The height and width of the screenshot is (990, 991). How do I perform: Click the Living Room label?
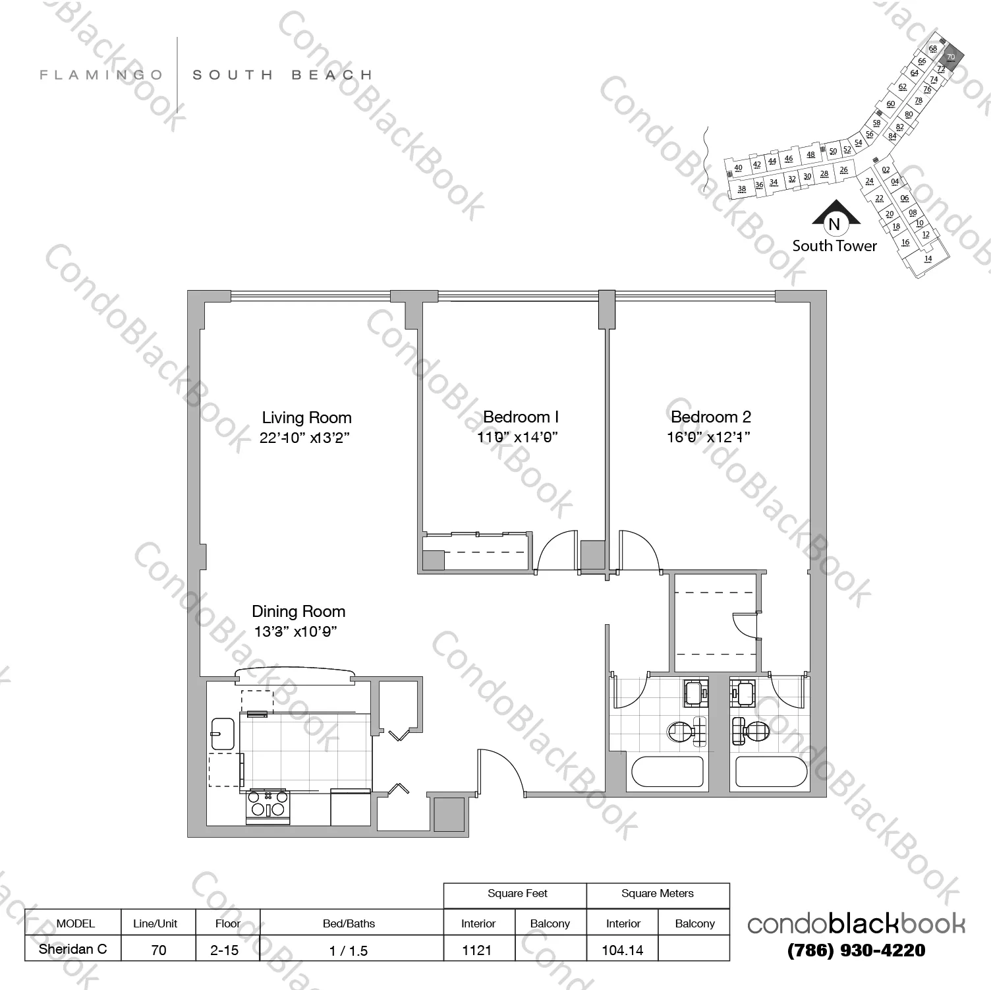[x=306, y=418]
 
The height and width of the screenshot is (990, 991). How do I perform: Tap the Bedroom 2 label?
[x=710, y=417]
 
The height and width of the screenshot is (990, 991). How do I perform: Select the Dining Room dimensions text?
[x=296, y=632]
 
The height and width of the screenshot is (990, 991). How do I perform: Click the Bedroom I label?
[x=521, y=417]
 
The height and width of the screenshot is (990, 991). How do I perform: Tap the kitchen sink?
[x=222, y=734]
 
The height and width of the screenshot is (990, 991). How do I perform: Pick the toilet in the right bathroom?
[x=752, y=730]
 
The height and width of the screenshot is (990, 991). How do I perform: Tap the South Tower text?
[x=834, y=247]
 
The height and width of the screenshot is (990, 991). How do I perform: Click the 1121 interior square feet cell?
[x=478, y=950]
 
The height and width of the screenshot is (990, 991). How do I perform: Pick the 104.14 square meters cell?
[x=623, y=950]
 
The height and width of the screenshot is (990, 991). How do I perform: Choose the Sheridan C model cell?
[x=72, y=950]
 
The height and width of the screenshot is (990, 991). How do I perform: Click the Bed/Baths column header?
[x=349, y=923]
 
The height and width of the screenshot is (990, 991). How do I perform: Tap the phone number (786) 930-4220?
[x=856, y=950]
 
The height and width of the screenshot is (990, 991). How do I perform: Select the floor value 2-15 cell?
[x=227, y=950]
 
